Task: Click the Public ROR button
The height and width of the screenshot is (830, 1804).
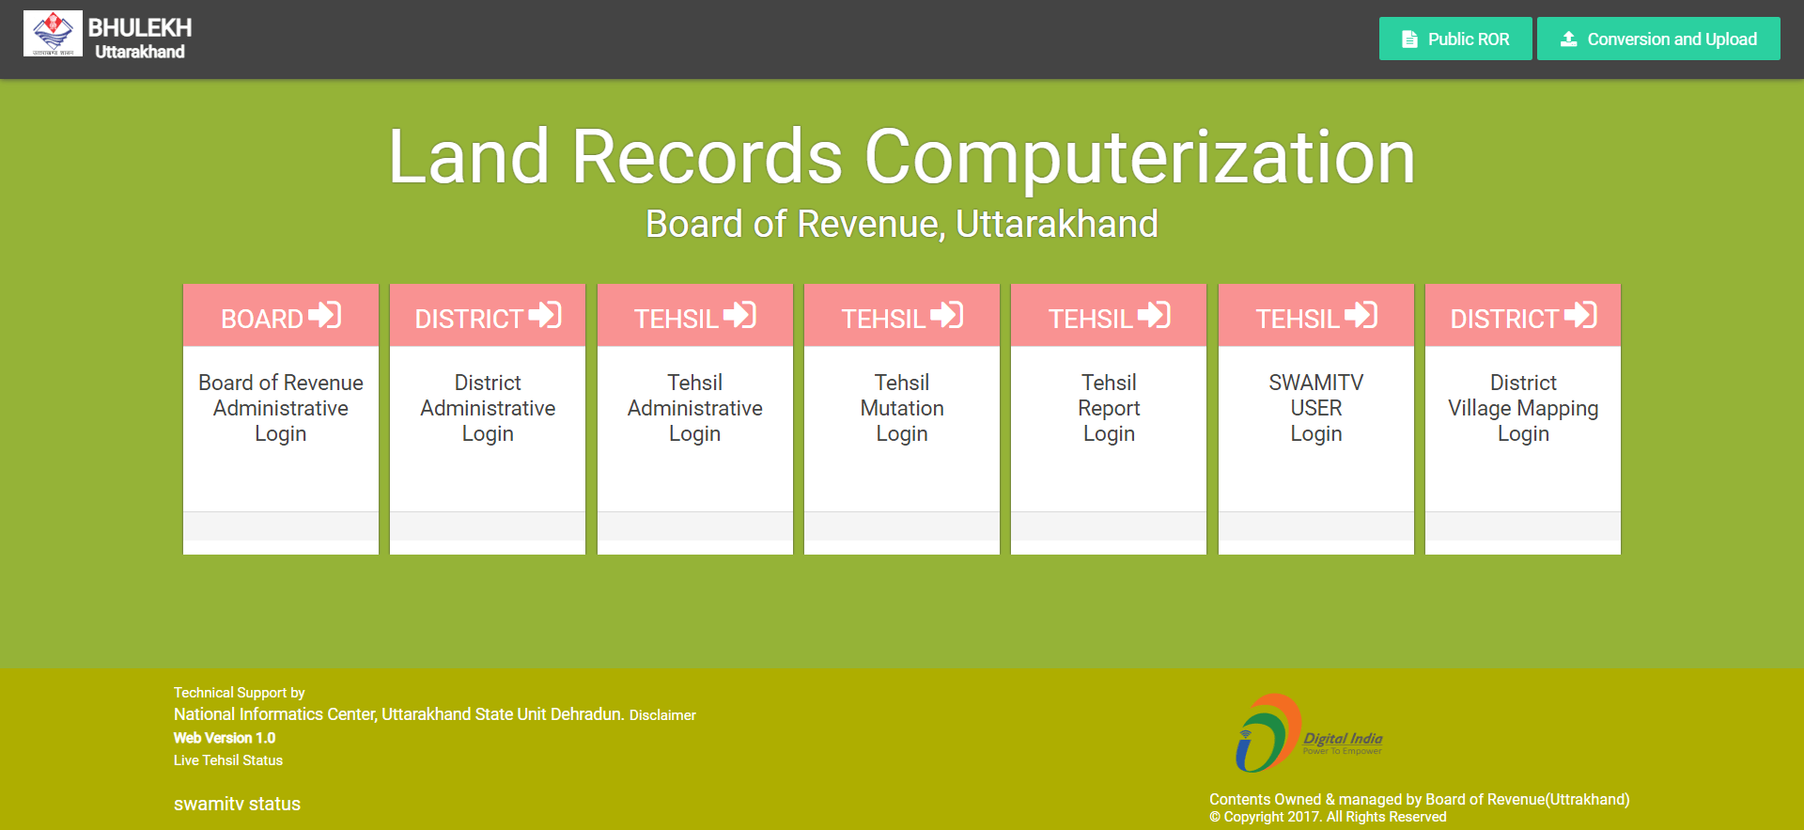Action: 1455,39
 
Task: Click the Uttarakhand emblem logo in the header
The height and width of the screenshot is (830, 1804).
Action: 53,34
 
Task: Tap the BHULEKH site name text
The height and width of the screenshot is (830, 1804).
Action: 140,28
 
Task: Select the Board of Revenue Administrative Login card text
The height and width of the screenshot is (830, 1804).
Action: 281,408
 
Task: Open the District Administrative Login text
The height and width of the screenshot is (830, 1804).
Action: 488,408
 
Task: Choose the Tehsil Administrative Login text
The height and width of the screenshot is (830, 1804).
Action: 695,408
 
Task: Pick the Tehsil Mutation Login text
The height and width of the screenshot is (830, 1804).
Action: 902,408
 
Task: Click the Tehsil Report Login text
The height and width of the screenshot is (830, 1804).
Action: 1109,408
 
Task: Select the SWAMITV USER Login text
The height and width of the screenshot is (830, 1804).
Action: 1316,408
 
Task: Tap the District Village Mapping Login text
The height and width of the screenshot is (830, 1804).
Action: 1523,408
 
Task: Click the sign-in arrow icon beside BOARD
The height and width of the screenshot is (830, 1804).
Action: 325,315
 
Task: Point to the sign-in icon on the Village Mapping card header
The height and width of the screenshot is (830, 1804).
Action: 1580,315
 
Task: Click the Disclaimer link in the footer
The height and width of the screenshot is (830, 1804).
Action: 662,715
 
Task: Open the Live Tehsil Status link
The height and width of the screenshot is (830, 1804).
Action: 228,760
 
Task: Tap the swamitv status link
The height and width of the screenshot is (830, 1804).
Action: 237,804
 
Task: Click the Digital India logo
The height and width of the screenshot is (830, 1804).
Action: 1309,733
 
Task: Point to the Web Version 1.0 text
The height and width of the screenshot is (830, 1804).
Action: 225,738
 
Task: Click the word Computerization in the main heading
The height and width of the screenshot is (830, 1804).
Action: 1140,157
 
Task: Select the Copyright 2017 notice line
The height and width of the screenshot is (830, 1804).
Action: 1328,817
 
